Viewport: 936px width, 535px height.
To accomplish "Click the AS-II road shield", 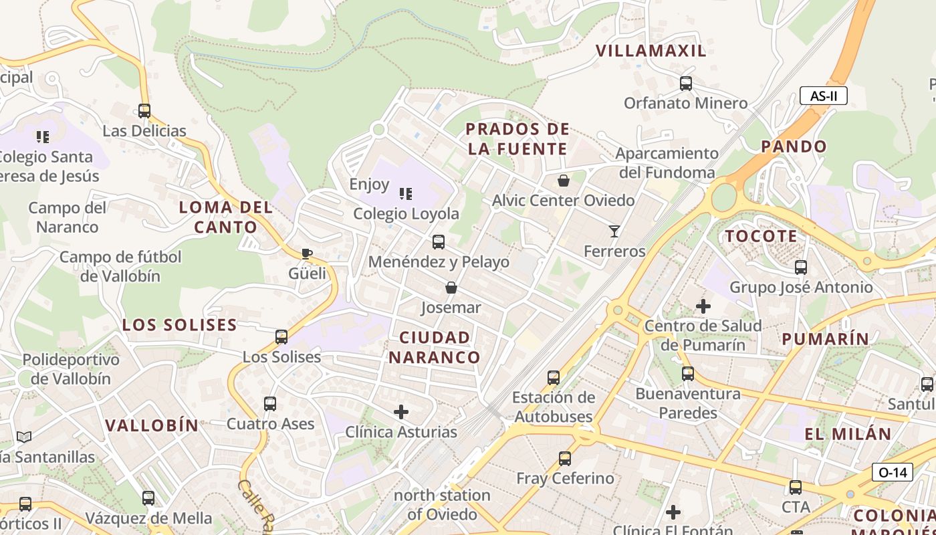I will point(823,96).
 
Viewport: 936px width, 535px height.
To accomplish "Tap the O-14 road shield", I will point(893,472).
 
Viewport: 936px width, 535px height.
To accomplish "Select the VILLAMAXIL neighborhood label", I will point(651,51).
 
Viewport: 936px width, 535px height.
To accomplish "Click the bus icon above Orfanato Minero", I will point(686,84).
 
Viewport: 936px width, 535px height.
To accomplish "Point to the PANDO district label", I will point(794,146).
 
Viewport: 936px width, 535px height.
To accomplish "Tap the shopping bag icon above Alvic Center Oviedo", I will point(564,181).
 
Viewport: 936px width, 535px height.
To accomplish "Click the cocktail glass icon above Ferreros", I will point(614,231).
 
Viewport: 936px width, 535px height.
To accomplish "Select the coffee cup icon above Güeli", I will point(307,253).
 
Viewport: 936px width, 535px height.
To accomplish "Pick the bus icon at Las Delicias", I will point(144,111).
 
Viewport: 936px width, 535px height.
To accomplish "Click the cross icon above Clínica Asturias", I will point(401,412).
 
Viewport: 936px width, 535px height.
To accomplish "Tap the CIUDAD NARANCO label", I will point(435,347).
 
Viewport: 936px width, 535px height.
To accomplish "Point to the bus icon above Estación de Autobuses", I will point(554,378).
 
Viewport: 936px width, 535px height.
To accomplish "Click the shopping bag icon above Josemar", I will point(451,288).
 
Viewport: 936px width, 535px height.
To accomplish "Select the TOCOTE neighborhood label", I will point(761,236).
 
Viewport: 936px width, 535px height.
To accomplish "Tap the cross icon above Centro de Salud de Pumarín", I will point(703,306).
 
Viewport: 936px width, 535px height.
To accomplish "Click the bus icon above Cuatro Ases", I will point(270,404).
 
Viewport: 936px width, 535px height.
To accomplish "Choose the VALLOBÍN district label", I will point(152,425).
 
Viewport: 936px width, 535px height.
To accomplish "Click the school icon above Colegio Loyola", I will point(406,194).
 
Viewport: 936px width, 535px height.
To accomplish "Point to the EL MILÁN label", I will point(848,434).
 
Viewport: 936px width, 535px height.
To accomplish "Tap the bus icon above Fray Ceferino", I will point(565,459).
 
